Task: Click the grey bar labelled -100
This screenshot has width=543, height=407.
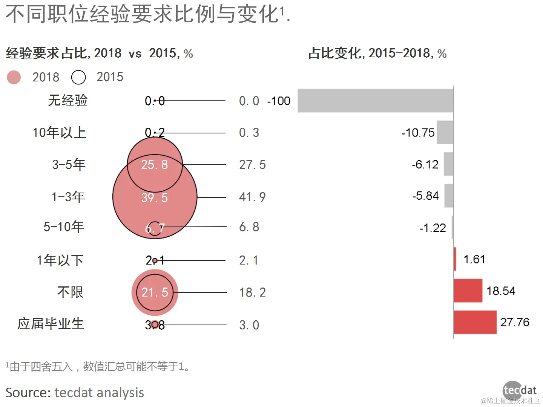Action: tap(375, 101)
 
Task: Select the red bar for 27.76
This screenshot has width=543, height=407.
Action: tap(475, 322)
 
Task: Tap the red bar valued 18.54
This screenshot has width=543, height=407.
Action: tap(468, 291)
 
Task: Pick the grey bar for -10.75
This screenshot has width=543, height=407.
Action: tap(445, 132)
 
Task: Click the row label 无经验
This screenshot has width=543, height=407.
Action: tap(68, 100)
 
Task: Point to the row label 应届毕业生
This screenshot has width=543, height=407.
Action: tap(51, 324)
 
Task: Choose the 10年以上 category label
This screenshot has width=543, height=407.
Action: tap(60, 133)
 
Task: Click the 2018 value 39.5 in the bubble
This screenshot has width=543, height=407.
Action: tap(155, 197)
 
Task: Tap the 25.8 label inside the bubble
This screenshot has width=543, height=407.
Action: tap(155, 165)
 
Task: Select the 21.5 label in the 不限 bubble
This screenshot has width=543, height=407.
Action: tap(155, 292)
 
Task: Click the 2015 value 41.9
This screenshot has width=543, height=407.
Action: tap(252, 197)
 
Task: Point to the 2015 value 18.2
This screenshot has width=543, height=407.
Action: tap(252, 292)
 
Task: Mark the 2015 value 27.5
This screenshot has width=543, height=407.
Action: tap(252, 165)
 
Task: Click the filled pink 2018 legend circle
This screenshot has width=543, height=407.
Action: tap(14, 77)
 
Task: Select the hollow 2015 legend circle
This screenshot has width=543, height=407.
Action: tap(78, 77)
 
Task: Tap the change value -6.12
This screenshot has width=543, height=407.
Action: tap(425, 164)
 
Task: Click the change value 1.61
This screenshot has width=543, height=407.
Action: tap(474, 259)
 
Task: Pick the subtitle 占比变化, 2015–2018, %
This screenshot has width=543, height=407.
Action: tap(377, 53)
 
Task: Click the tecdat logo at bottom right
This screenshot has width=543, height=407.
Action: tap(519, 390)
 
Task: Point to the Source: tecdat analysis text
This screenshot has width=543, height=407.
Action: tap(75, 393)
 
